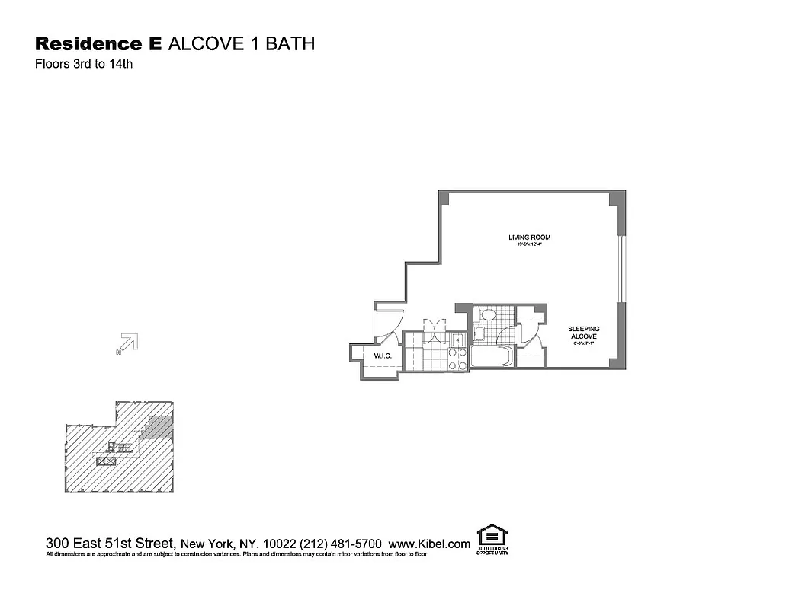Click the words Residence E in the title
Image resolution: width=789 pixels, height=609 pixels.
(x=98, y=43)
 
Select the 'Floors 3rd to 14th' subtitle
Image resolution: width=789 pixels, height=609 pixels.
(x=84, y=65)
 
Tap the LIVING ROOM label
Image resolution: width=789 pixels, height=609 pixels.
(x=529, y=238)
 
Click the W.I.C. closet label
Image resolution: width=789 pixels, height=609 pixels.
(x=382, y=356)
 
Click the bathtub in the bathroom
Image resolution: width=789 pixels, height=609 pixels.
(x=492, y=357)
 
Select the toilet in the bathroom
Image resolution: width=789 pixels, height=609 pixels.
(x=487, y=314)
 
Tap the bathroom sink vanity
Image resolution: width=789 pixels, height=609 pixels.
(x=479, y=333)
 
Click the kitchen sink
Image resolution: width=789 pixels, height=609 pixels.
(x=457, y=342)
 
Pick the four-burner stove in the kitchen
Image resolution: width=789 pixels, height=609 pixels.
(x=457, y=360)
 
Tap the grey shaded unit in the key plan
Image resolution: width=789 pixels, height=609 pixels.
(x=159, y=427)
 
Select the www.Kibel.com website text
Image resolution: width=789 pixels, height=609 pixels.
(x=429, y=544)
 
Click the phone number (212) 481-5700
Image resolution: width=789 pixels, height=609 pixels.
(x=343, y=544)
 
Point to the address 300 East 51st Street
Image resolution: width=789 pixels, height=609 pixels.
(x=111, y=544)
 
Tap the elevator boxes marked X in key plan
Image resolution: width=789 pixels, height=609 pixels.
(x=104, y=461)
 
